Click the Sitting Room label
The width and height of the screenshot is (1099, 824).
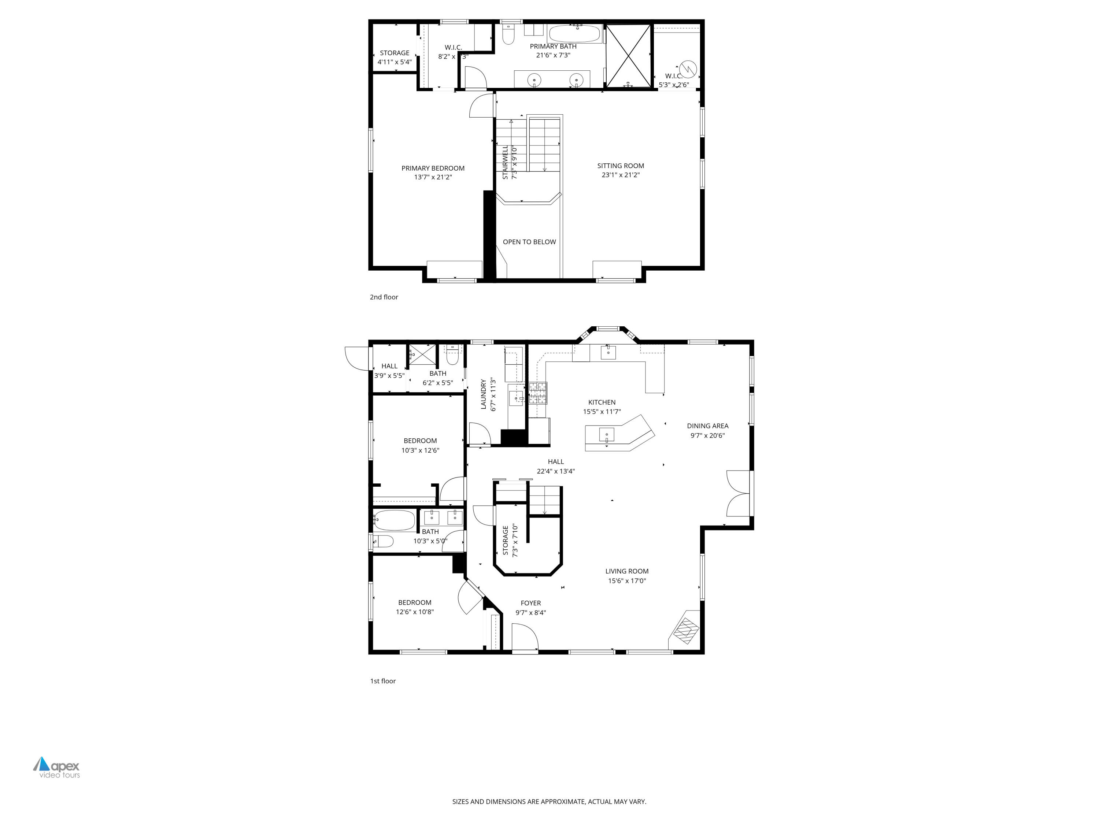(620, 166)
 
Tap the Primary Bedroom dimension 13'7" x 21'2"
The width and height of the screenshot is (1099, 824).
(433, 177)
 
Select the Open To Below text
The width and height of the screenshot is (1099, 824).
(529, 242)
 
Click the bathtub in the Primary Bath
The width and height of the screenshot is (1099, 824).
(575, 34)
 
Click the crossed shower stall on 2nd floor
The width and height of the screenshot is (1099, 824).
(629, 56)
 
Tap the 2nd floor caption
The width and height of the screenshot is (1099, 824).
(384, 297)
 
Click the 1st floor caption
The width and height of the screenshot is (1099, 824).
(382, 681)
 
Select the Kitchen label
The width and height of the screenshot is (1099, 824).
(602, 402)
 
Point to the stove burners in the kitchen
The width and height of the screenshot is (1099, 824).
(537, 393)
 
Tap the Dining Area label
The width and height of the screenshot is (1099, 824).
(707, 426)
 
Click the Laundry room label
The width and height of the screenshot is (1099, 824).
(483, 394)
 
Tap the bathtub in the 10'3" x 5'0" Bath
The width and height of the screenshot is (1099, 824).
(394, 520)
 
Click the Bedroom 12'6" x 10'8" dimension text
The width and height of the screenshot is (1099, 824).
(414, 612)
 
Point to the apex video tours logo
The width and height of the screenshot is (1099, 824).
(57, 767)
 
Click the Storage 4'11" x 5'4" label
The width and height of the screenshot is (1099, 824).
(395, 53)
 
